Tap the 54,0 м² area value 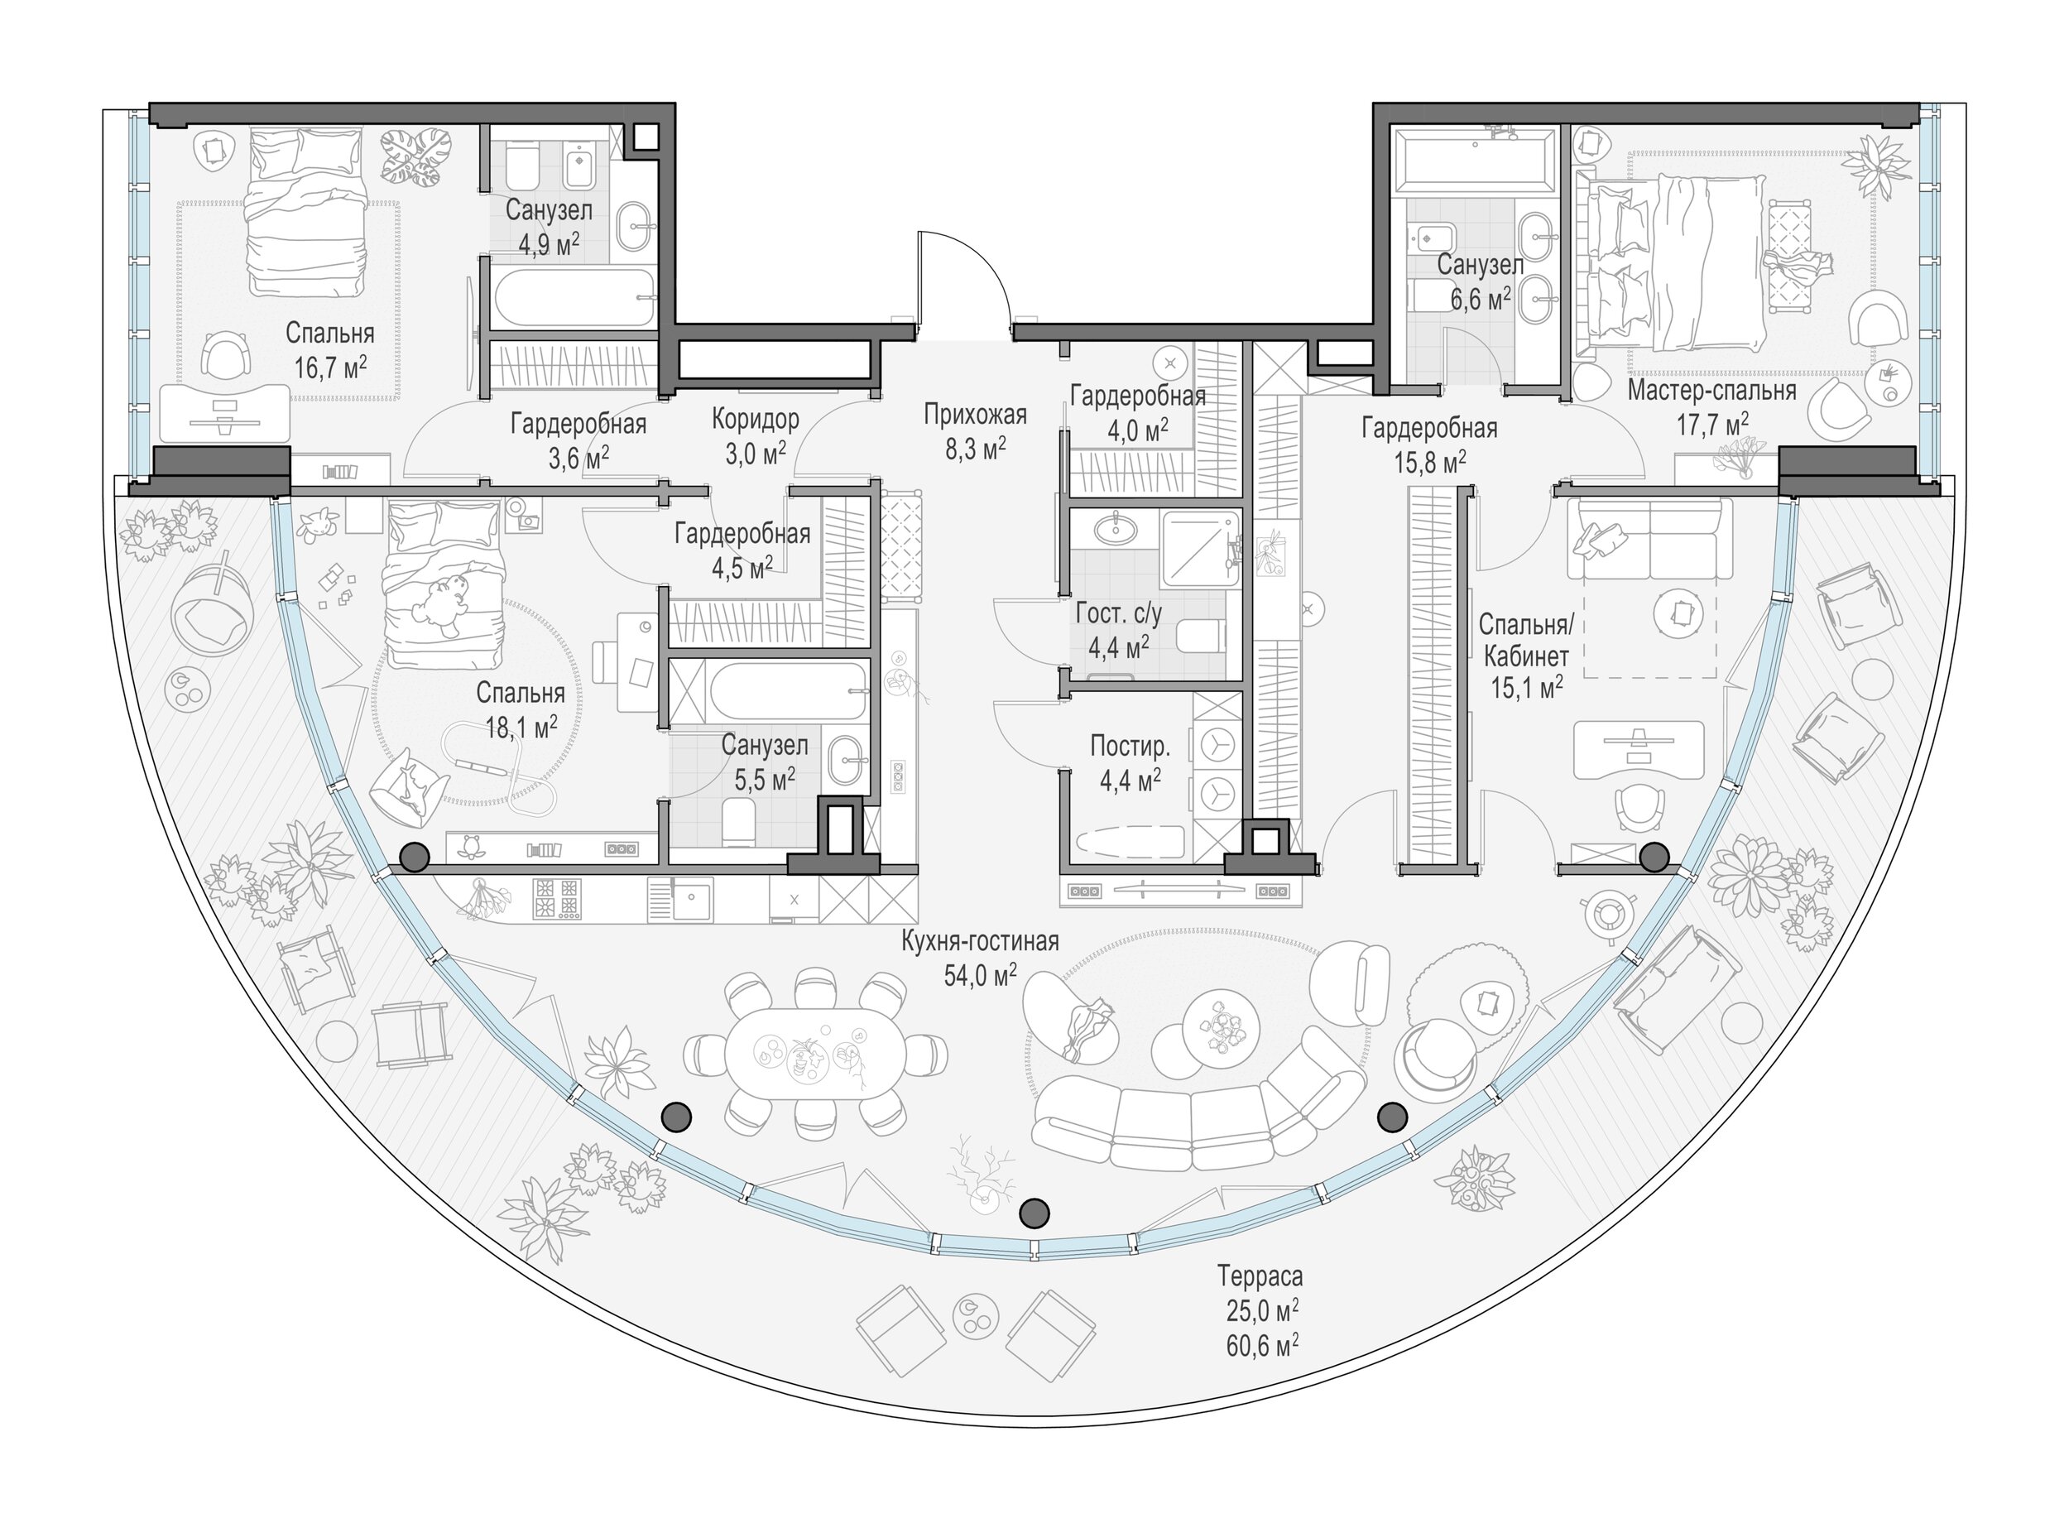click(x=981, y=975)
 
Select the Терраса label click(x=1260, y=1277)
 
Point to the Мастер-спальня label click(x=1712, y=391)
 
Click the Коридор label click(x=756, y=419)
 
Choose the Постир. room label click(x=1131, y=746)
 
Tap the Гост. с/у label click(x=1118, y=613)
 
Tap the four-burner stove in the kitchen click(x=557, y=899)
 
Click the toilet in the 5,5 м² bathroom click(x=738, y=822)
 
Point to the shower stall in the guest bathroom click(x=1198, y=550)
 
